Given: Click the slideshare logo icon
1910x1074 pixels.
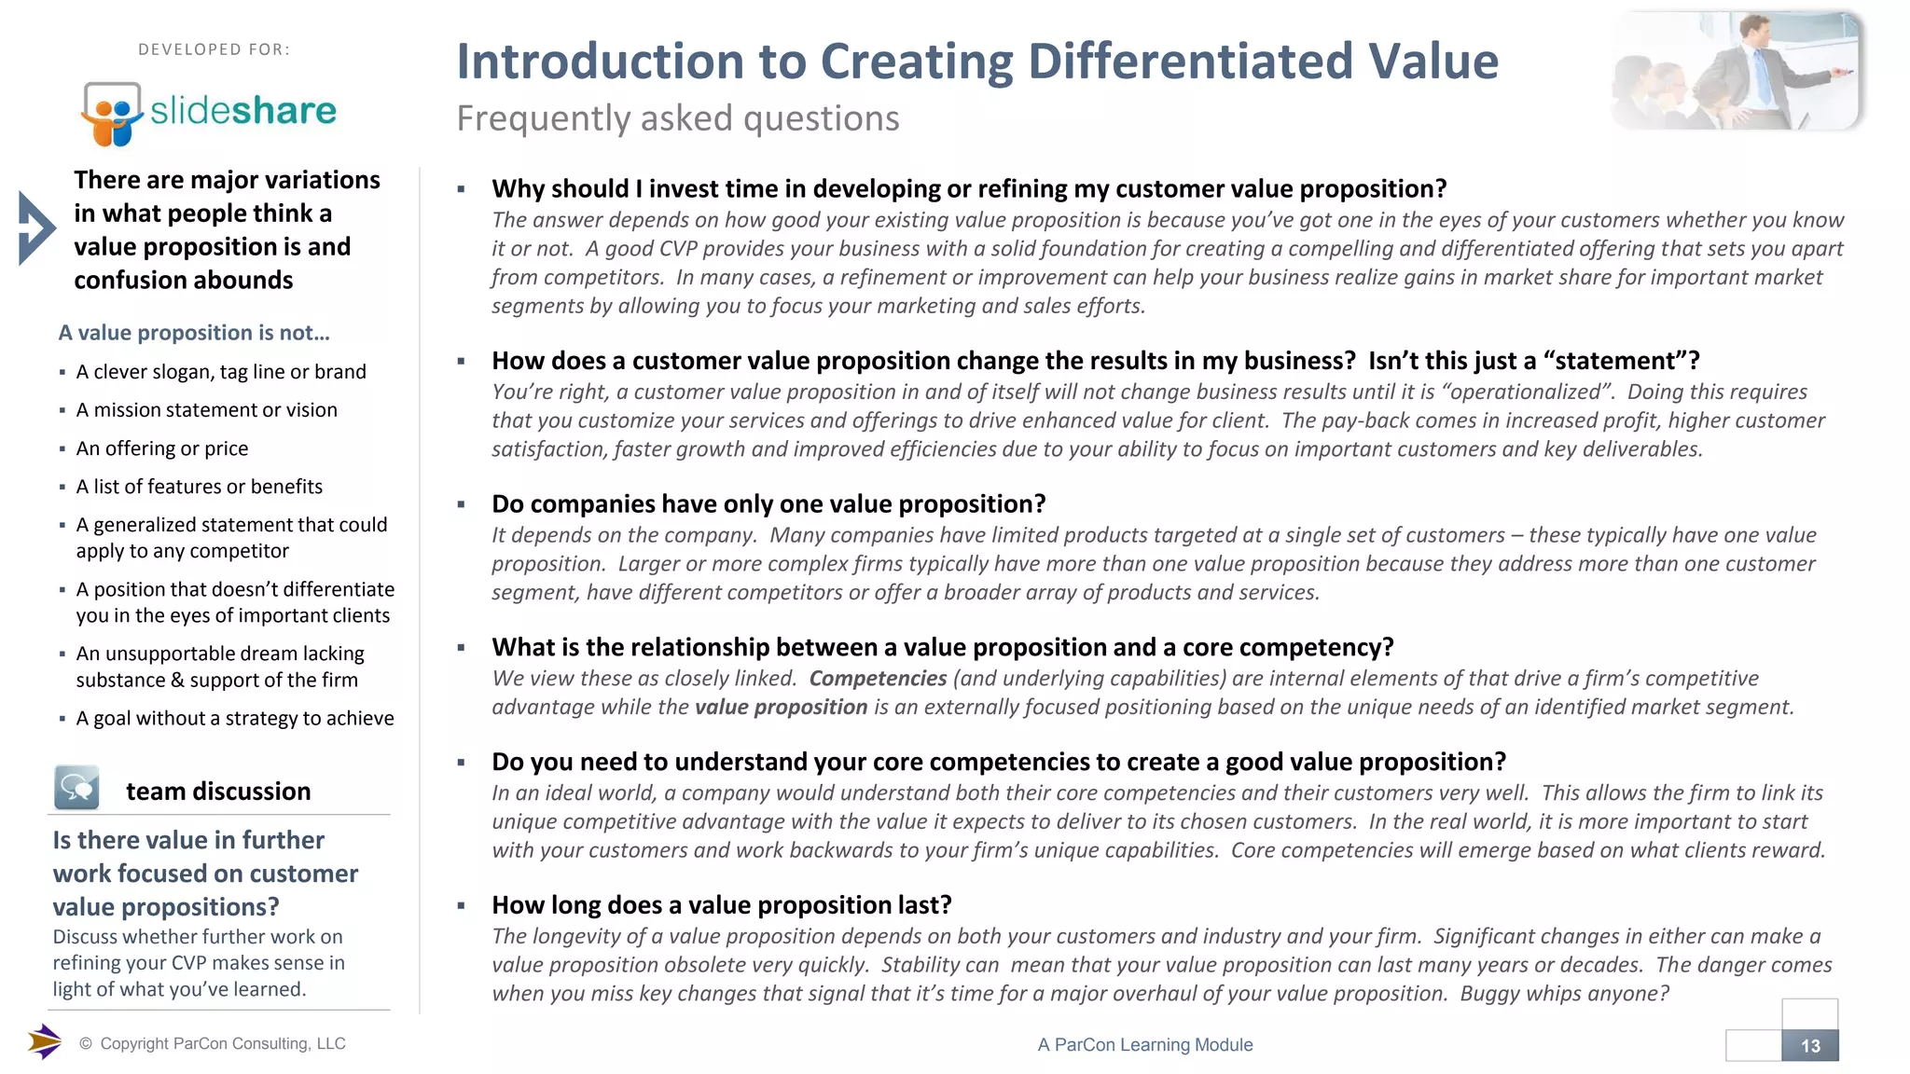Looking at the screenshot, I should click(112, 113).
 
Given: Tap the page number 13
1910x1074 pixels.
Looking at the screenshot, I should click(1809, 1046).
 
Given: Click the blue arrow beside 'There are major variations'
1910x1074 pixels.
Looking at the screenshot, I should click(36, 228).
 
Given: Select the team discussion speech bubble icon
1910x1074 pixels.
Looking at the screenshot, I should click(76, 788).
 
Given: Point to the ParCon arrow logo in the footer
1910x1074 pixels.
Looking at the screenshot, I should click(44, 1041).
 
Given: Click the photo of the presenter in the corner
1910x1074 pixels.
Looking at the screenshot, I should click(1737, 71).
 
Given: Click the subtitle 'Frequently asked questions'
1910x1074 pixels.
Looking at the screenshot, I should click(678, 118).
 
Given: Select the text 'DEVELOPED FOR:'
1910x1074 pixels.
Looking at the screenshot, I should click(214, 49).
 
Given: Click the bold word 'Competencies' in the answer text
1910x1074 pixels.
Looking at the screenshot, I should click(878, 679).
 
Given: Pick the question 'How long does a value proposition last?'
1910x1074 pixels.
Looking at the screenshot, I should click(722, 905).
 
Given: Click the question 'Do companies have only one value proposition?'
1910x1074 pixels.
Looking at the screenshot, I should click(768, 504).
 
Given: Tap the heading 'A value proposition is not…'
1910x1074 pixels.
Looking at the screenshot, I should click(194, 333).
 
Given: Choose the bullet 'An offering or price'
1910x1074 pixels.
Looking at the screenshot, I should click(162, 448).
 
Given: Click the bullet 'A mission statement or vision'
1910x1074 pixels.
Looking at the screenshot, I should click(206, 410).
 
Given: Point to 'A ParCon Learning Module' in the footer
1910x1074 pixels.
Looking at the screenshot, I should click(1145, 1045).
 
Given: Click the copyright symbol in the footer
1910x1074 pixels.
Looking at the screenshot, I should click(86, 1044).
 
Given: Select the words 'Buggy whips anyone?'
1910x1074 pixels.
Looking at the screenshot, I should click(1564, 994).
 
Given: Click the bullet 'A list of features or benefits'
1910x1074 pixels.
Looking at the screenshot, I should click(199, 487).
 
